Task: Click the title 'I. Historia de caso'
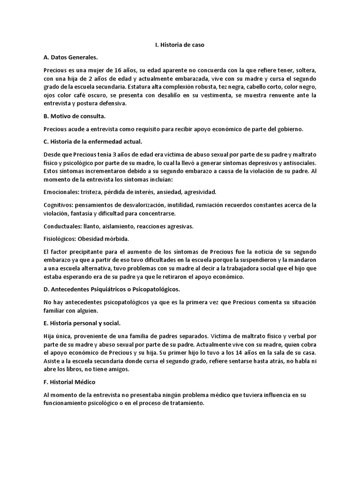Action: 180,45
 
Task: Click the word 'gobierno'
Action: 290,129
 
